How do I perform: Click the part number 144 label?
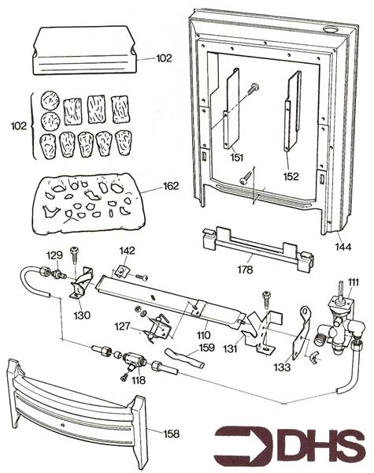[343, 247]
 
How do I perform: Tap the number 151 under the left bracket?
[237, 158]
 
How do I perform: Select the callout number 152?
[291, 177]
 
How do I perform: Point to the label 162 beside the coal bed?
[171, 186]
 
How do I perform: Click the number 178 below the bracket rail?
[245, 270]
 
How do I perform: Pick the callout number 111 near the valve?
[354, 282]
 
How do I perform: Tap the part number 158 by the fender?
[171, 434]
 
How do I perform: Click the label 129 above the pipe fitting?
[54, 255]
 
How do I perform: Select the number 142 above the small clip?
[128, 251]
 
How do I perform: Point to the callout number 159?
[206, 348]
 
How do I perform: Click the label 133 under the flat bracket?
[282, 367]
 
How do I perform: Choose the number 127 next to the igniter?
[122, 326]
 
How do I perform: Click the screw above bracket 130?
[74, 255]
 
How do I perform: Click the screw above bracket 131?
[267, 300]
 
